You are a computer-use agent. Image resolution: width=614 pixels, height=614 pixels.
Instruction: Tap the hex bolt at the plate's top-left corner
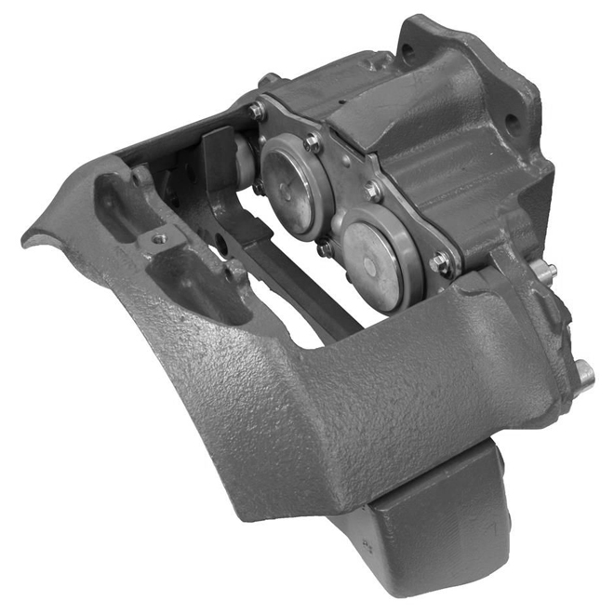tap(256, 111)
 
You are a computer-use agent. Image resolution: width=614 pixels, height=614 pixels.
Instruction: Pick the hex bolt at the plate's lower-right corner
tap(439, 263)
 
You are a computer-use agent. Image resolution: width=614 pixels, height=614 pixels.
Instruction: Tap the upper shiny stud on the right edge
tap(549, 271)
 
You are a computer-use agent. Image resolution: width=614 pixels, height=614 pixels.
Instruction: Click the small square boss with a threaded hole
tap(160, 239)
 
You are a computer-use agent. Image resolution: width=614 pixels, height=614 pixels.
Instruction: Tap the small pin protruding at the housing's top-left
tap(268, 81)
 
